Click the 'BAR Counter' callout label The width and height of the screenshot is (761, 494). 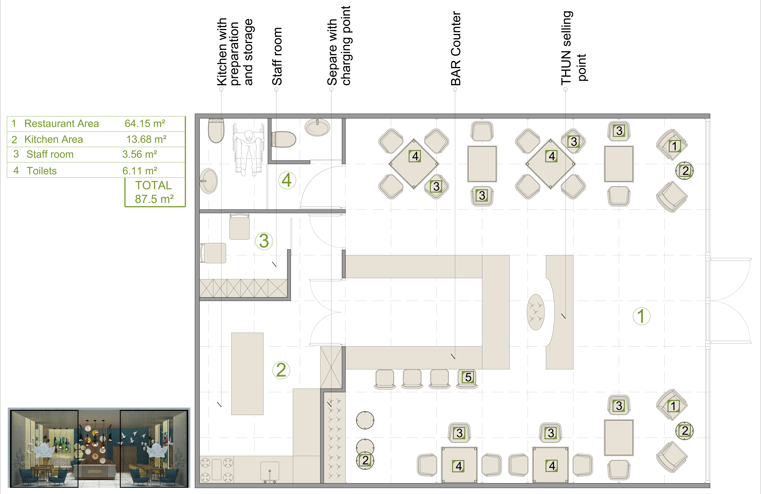(456, 49)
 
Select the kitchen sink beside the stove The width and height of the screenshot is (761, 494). (270, 472)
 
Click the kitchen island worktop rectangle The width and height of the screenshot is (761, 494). (247, 374)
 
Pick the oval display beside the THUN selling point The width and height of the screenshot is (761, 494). (536, 312)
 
